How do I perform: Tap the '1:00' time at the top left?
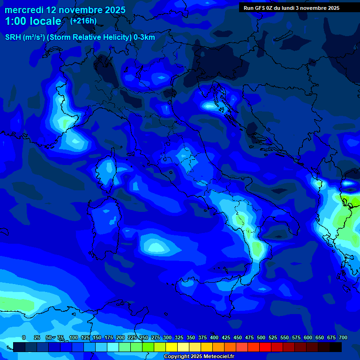[x=15, y=21]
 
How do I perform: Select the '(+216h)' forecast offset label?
[x=83, y=21]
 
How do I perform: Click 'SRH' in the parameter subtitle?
[x=13, y=37]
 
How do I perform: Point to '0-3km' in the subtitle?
[x=144, y=37]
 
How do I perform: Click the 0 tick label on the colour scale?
[x=24, y=338]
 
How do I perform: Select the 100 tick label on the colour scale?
[x=73, y=338]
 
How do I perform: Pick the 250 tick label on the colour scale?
[x=143, y=338]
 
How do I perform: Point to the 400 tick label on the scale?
[x=214, y=338]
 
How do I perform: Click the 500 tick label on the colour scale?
[x=261, y=338]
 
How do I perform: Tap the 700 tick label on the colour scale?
[x=343, y=338]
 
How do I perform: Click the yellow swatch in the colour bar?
[x=172, y=347]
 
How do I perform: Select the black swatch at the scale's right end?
[x=336, y=347]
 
